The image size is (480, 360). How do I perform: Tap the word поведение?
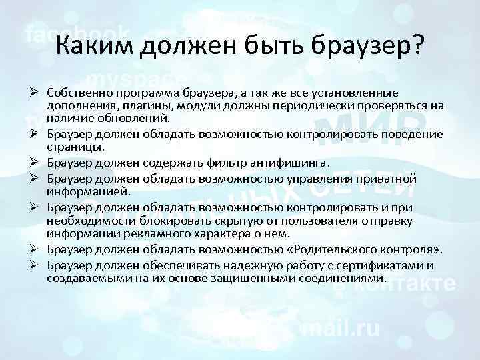click(x=413, y=134)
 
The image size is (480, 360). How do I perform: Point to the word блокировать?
click(x=168, y=221)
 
